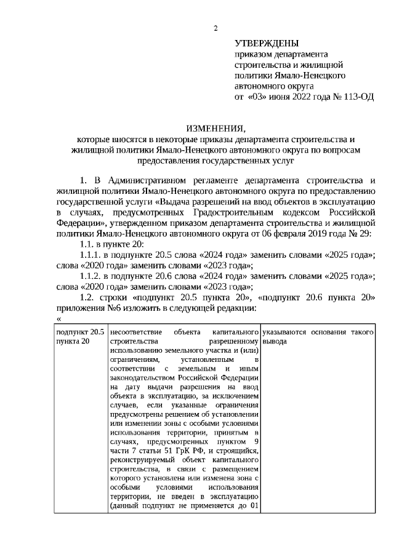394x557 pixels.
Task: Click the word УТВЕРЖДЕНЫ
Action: pos(267,43)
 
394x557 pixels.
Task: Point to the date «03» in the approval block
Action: pos(258,97)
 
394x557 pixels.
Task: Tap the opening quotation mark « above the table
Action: pos(58,326)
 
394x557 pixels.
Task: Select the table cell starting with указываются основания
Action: pos(318,337)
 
